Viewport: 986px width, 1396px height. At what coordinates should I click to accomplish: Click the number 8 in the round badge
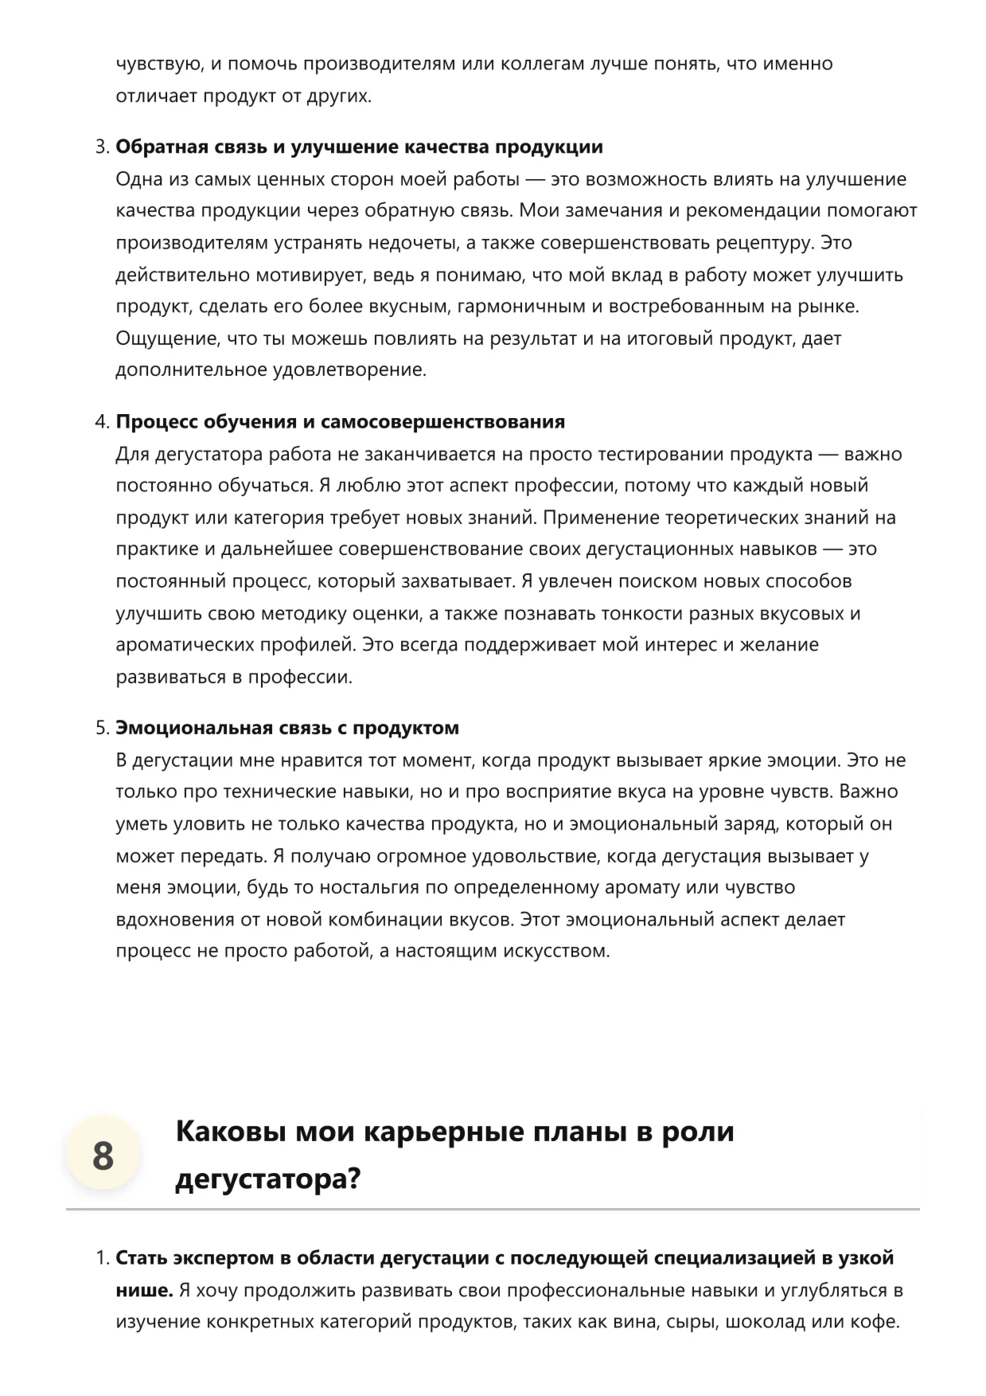click(x=103, y=1156)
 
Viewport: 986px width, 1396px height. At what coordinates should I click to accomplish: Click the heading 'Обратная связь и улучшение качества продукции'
click(x=359, y=147)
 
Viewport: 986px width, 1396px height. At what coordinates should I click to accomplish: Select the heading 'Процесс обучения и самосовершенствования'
click(x=340, y=422)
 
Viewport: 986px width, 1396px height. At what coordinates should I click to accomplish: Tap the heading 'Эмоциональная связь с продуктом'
click(x=287, y=728)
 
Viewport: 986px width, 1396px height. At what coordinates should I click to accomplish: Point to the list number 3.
click(x=101, y=147)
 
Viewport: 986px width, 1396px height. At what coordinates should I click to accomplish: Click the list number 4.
click(x=101, y=422)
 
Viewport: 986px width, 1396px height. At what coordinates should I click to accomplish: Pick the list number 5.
click(x=101, y=728)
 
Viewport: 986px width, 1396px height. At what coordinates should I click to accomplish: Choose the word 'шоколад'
click(x=765, y=1322)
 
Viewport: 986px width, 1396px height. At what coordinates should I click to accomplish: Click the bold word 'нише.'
click(x=144, y=1290)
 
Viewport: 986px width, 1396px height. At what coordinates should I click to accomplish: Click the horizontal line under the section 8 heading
click(x=493, y=1210)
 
